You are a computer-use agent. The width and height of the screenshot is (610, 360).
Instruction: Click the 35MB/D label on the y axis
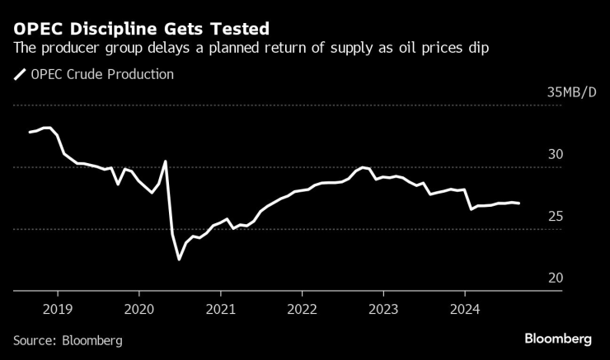point(571,92)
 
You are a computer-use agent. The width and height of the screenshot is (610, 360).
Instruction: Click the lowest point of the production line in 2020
point(179,259)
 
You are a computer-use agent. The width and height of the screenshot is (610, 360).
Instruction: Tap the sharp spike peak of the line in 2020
point(166,161)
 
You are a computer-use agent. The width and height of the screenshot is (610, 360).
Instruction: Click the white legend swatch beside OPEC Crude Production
point(19,75)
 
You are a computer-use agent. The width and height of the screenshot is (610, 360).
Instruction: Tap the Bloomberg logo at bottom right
point(558,339)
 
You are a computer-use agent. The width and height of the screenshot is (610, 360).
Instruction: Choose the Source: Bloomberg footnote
point(68,339)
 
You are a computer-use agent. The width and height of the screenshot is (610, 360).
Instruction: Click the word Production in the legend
point(140,74)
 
